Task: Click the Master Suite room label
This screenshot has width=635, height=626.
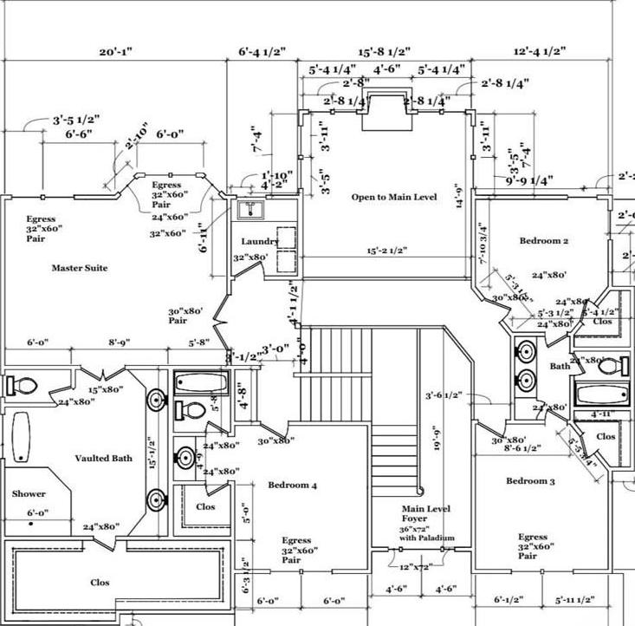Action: (x=80, y=268)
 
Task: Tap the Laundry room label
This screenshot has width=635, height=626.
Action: (x=260, y=241)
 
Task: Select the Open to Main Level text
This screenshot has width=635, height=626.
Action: (x=394, y=198)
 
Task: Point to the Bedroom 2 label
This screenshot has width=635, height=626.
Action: (x=544, y=240)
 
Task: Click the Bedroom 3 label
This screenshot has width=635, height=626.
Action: (x=530, y=481)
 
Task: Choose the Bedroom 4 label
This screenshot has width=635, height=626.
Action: (x=292, y=486)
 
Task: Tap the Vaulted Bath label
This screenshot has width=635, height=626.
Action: (x=104, y=458)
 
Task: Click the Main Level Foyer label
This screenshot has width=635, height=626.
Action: (x=425, y=514)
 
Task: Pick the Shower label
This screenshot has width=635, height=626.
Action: (x=29, y=494)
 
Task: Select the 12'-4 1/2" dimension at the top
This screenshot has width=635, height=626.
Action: (x=539, y=52)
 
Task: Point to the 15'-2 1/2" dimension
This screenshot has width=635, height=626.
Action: (x=386, y=251)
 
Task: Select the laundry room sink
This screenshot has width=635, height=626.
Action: (x=253, y=208)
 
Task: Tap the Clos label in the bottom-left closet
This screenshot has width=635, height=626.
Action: (x=100, y=583)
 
